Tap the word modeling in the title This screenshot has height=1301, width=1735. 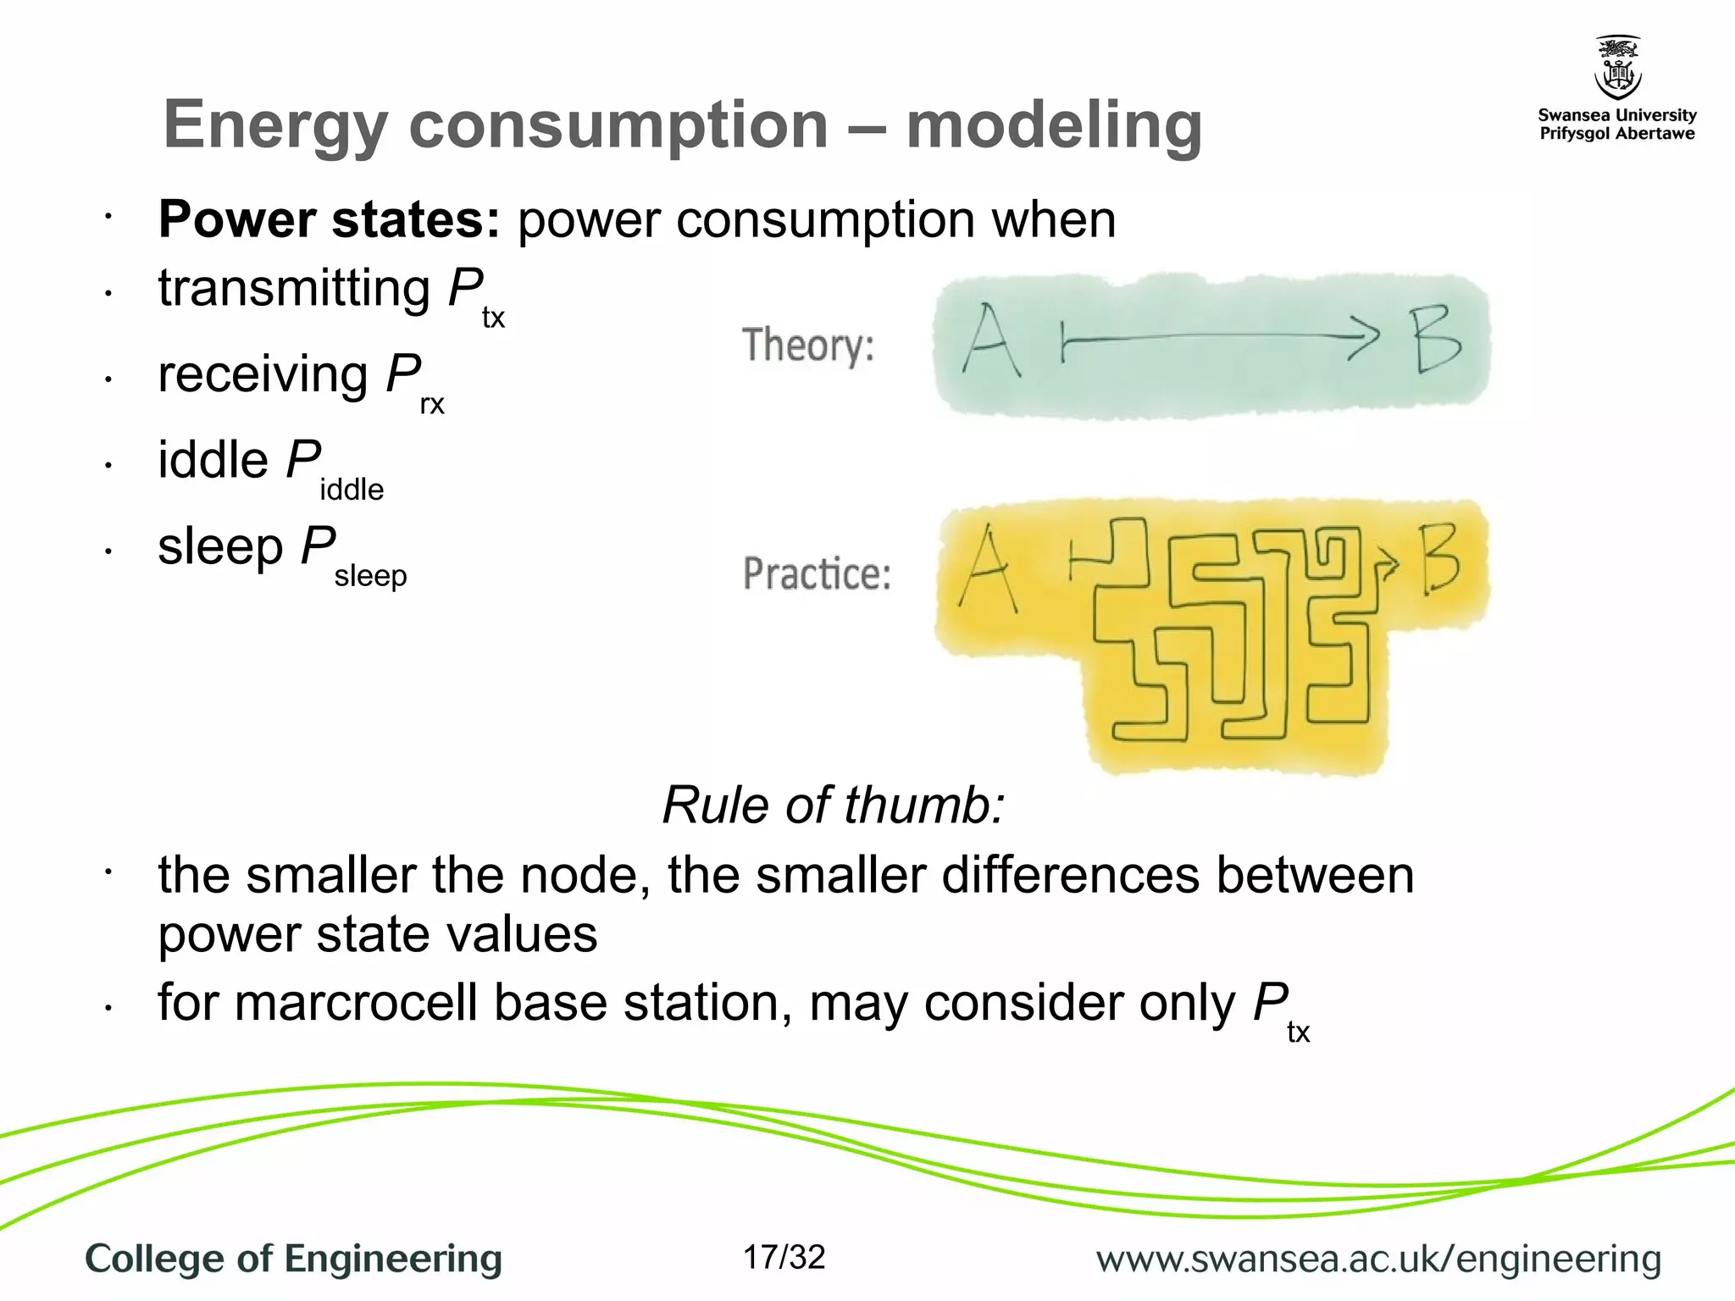(1054, 125)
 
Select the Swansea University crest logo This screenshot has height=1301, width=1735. (1617, 68)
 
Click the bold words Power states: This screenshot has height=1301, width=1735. (329, 219)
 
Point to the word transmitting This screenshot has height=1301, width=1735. (294, 288)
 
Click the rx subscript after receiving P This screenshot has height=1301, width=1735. (431, 404)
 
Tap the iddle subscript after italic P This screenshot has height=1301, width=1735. (352, 490)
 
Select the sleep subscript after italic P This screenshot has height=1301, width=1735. (370, 576)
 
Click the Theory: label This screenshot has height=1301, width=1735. (808, 346)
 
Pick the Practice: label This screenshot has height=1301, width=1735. (817, 573)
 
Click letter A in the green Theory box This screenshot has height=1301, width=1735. (989, 341)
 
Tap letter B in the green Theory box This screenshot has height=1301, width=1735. (1437, 340)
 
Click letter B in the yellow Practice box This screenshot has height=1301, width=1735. (1440, 559)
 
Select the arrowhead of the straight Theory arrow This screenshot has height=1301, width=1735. (1364, 338)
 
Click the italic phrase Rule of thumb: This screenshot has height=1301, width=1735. (833, 805)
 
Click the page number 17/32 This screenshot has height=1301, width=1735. (784, 1258)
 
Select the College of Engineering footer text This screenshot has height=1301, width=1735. (293, 1259)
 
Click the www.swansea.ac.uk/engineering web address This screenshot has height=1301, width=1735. (1378, 1259)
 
